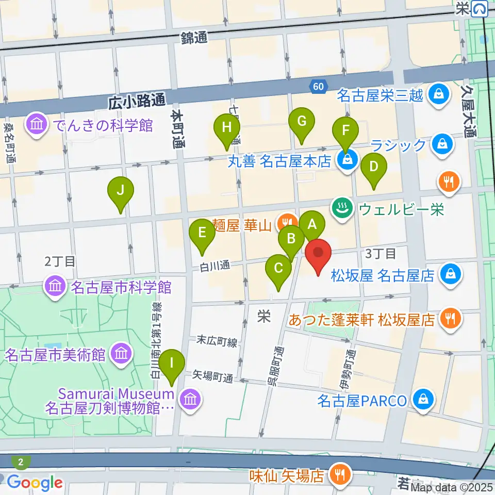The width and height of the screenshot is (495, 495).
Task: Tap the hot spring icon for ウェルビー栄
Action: pos(341,209)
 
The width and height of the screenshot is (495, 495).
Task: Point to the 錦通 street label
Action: pos(194,38)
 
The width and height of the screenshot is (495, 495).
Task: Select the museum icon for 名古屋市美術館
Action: pos(123,354)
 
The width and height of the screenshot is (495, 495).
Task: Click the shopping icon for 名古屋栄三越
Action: pos(437,94)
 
